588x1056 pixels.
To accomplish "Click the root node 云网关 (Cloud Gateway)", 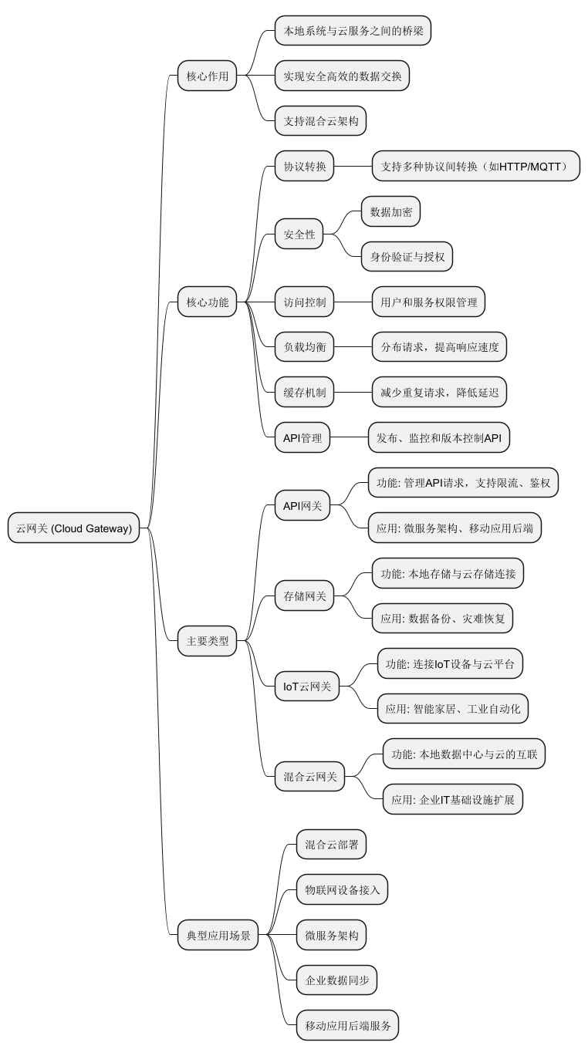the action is coord(74,528).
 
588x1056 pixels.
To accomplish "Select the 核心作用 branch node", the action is coord(207,76).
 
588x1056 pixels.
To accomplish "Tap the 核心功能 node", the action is coord(207,302).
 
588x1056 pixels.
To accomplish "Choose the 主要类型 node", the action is coord(207,640).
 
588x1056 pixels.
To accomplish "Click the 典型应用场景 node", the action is coord(218,935).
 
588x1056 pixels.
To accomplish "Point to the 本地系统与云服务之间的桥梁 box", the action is coord(353,31).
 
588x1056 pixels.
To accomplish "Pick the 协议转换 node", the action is coord(304,166).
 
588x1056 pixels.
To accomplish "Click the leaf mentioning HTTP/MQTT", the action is coord(475,166).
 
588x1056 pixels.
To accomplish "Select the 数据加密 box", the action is coord(390,211).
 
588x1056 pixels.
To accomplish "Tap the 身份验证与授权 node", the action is coord(407,257).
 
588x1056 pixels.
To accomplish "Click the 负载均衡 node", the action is coord(304,347).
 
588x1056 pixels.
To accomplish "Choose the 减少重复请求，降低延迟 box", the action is coord(438,393).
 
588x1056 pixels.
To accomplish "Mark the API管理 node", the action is coord(302,438).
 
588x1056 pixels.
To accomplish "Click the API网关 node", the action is coord(302,506).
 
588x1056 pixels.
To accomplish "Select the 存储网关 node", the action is coord(304,595).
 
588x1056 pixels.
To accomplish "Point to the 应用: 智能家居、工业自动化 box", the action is coord(452,709).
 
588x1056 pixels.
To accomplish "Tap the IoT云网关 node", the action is coord(306,687).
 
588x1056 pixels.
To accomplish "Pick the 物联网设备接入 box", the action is coord(342,889).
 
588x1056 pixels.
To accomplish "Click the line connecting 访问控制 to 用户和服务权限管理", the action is coord(352,302).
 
